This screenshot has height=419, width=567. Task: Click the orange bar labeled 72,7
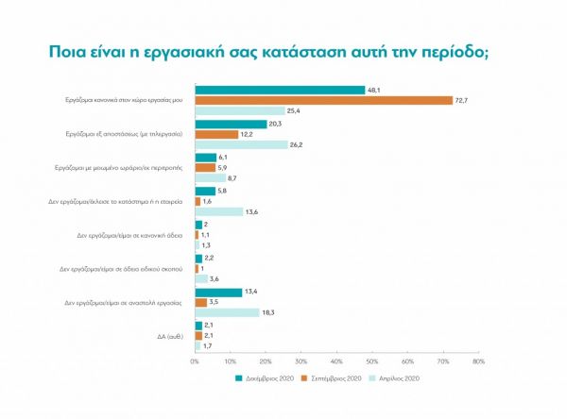[323, 100]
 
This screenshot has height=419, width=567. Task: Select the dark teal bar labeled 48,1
[280, 90]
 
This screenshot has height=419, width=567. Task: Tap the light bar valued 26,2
[241, 144]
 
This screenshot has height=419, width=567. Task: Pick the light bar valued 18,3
[227, 312]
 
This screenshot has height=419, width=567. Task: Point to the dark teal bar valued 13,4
[218, 292]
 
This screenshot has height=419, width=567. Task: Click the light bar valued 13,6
[218, 211]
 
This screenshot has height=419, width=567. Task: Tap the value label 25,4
[298, 111]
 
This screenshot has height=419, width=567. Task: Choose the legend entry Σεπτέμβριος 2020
[333, 377]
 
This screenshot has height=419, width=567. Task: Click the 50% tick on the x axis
[371, 360]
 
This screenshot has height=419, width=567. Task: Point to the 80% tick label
[478, 360]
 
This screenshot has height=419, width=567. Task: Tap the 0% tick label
[196, 360]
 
